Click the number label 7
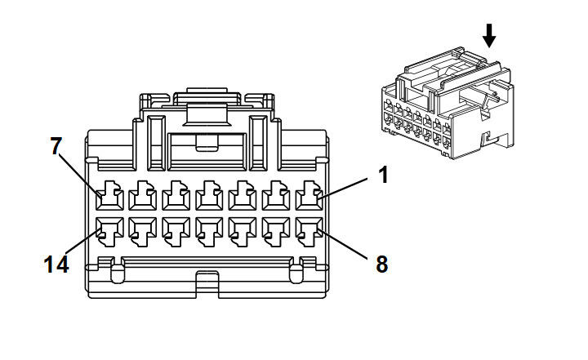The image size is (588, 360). (56, 146)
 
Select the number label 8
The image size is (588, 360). (381, 264)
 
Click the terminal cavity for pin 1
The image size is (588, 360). (310, 198)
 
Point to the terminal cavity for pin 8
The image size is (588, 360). (310, 231)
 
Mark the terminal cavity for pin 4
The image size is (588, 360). (210, 198)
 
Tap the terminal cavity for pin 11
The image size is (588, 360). (210, 231)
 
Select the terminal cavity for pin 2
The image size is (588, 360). (277, 198)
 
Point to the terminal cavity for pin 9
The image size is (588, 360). (277, 231)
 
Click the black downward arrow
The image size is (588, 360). (489, 35)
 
